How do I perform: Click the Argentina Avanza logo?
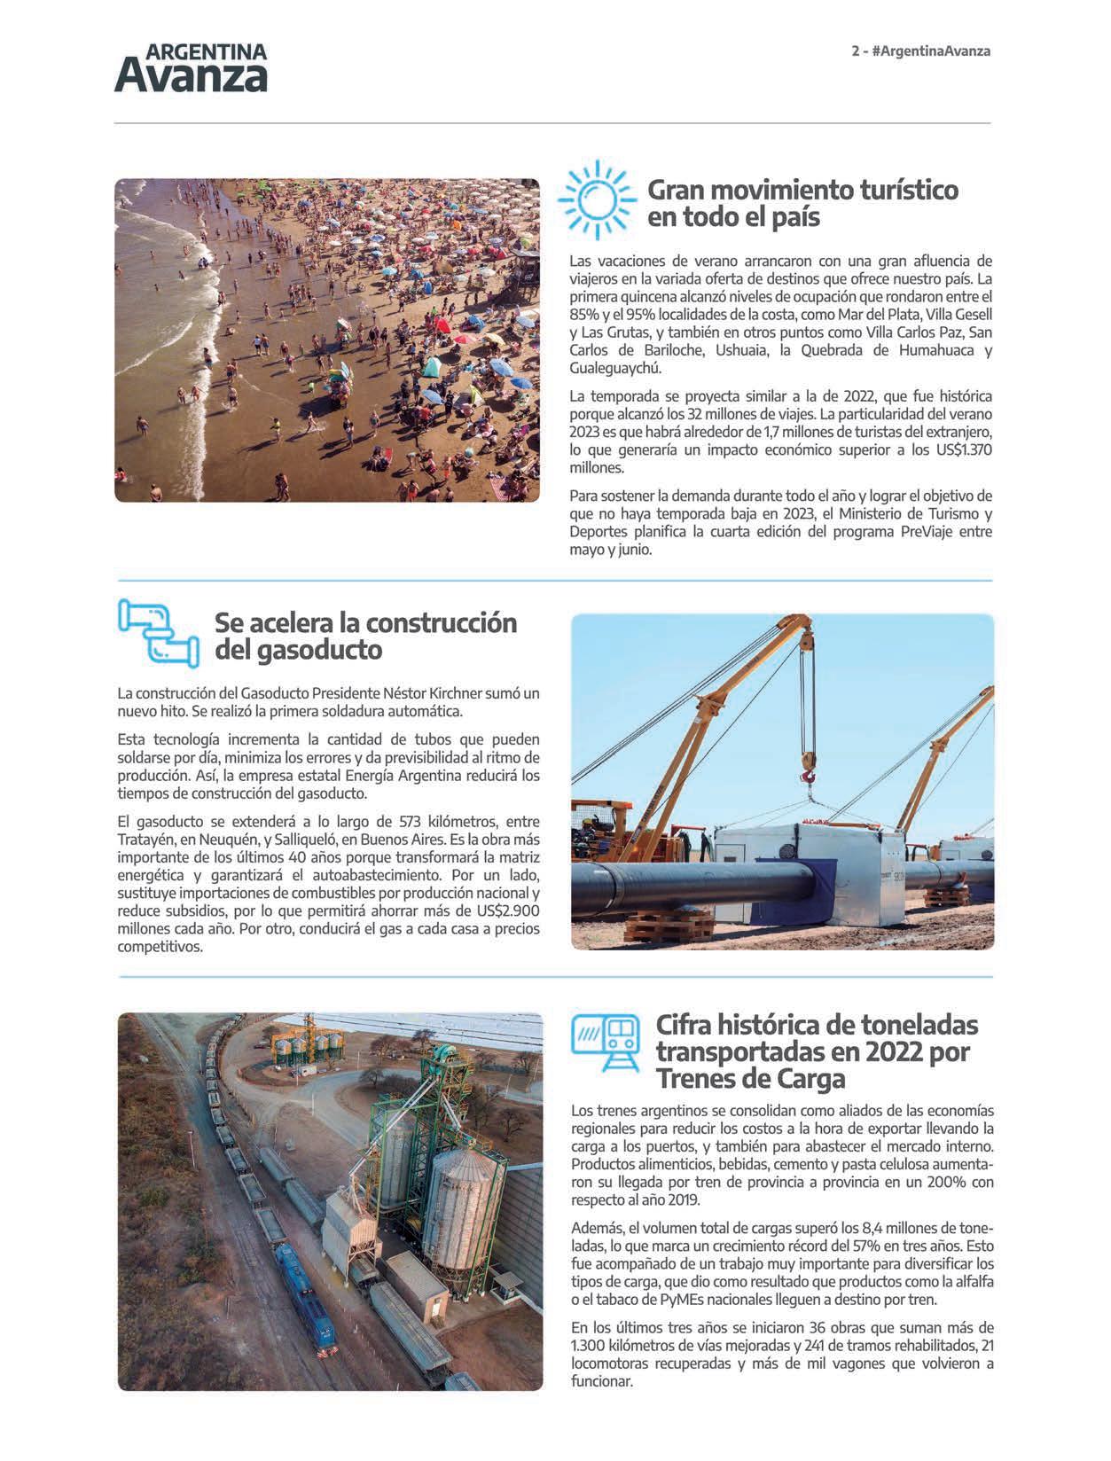point(191,67)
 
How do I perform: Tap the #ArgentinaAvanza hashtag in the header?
point(930,51)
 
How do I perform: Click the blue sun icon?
point(597,199)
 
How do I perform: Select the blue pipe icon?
point(158,632)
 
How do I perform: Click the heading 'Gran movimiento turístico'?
point(802,190)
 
